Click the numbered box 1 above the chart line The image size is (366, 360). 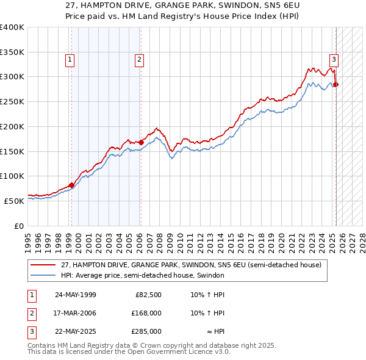pos(70,60)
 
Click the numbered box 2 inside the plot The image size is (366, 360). pos(140,60)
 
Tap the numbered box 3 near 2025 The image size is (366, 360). pos(334,60)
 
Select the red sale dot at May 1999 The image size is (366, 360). pos(72,184)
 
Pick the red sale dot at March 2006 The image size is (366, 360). pos(141,142)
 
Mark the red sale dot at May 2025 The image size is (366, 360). pos(336,84)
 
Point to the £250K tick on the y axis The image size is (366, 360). pos(12,101)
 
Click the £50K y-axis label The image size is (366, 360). pos(14,200)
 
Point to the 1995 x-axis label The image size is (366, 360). pos(28,238)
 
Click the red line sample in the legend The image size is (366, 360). pos(43,265)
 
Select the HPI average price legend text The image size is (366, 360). pos(143,275)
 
